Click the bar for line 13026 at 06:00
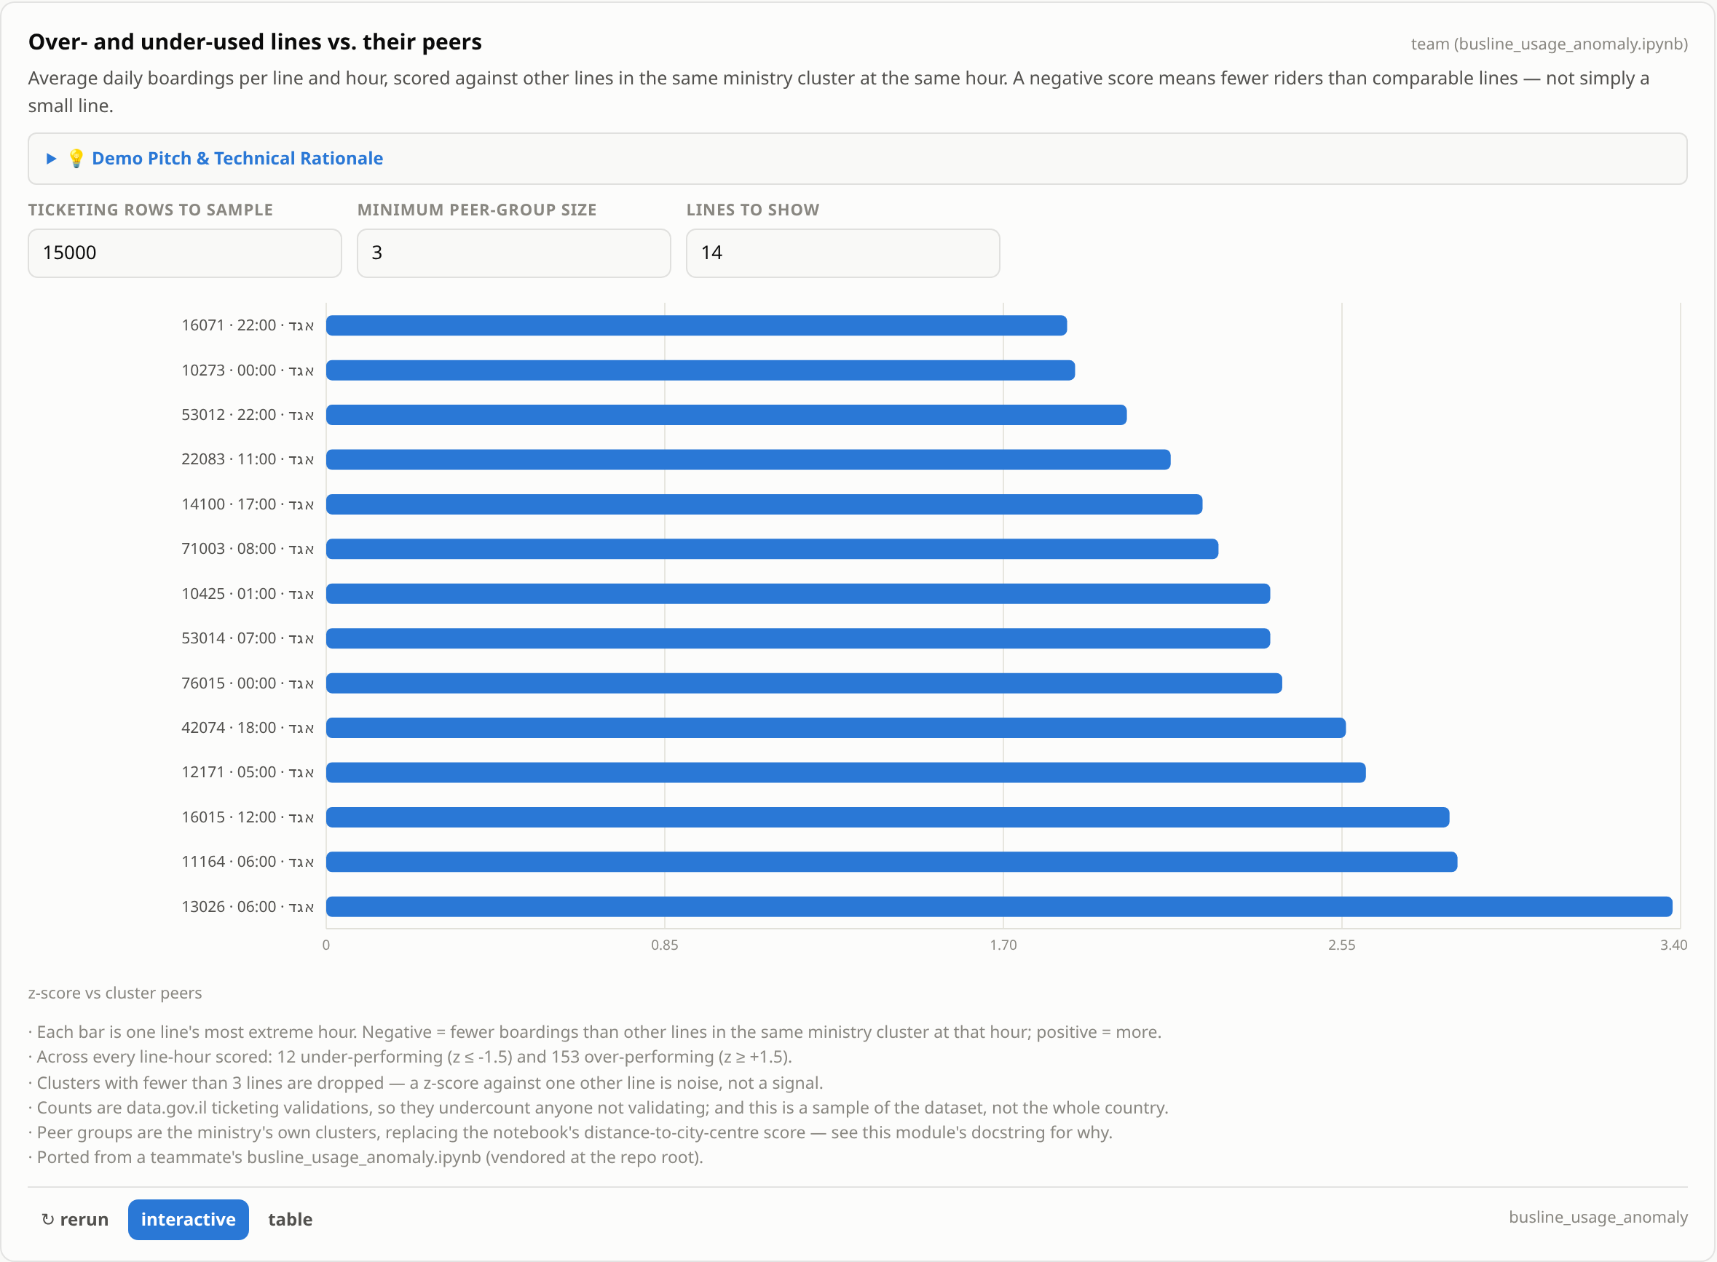click(999, 907)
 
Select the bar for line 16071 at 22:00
click(696, 325)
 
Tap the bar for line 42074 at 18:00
click(836, 728)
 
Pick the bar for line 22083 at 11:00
click(748, 459)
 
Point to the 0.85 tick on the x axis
click(665, 945)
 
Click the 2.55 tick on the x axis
click(1342, 945)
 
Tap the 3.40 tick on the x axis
click(1673, 945)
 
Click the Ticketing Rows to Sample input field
click(185, 253)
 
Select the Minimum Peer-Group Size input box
click(513, 253)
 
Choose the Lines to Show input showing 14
click(842, 253)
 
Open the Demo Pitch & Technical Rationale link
click(237, 158)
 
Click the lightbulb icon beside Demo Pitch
click(76, 158)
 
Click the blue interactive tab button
click(188, 1219)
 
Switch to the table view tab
click(291, 1219)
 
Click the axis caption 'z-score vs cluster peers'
click(115, 993)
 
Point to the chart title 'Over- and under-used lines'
click(255, 42)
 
